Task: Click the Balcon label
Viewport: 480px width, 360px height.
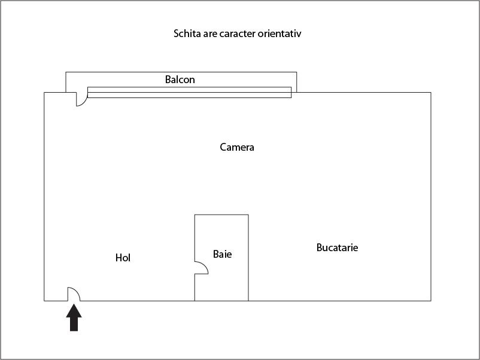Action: (x=180, y=80)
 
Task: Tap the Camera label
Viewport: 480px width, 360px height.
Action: (x=237, y=147)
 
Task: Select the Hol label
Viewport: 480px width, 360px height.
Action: (x=123, y=258)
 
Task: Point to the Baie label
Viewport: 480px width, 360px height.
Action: (x=222, y=254)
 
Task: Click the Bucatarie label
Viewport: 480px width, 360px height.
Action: (x=337, y=247)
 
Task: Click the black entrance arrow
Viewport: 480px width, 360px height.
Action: (x=74, y=318)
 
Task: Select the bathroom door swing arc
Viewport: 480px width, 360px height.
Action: (x=204, y=266)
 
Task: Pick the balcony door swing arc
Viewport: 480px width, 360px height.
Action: (x=83, y=102)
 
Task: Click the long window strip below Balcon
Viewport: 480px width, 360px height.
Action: (x=190, y=92)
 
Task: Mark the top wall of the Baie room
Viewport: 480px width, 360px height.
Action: (x=221, y=215)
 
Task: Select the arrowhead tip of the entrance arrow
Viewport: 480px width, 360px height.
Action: (x=74, y=304)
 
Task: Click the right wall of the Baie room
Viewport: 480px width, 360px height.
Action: (x=248, y=258)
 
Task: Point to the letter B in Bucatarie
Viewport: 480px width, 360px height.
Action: (x=319, y=247)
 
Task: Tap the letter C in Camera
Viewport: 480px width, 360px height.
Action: (x=223, y=147)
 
